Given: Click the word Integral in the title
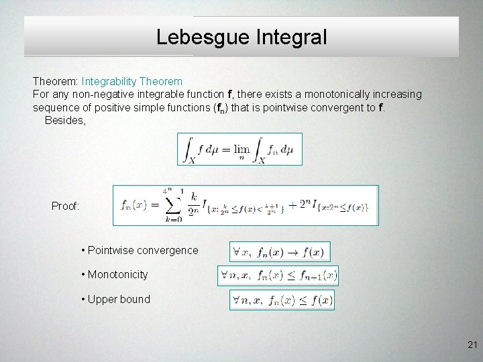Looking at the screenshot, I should click(291, 37).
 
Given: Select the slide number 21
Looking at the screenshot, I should click(471, 345).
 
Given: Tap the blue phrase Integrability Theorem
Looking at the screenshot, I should click(132, 81).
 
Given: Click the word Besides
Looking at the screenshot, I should click(65, 120).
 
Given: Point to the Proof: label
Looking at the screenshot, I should click(66, 206).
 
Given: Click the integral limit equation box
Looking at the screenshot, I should click(239, 149).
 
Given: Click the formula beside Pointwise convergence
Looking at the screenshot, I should click(280, 252).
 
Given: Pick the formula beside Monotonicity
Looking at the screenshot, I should click(278, 275).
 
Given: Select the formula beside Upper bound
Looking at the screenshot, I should click(282, 300).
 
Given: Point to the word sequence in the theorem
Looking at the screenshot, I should click(54, 107).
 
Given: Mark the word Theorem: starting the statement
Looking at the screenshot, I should click(56, 81).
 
